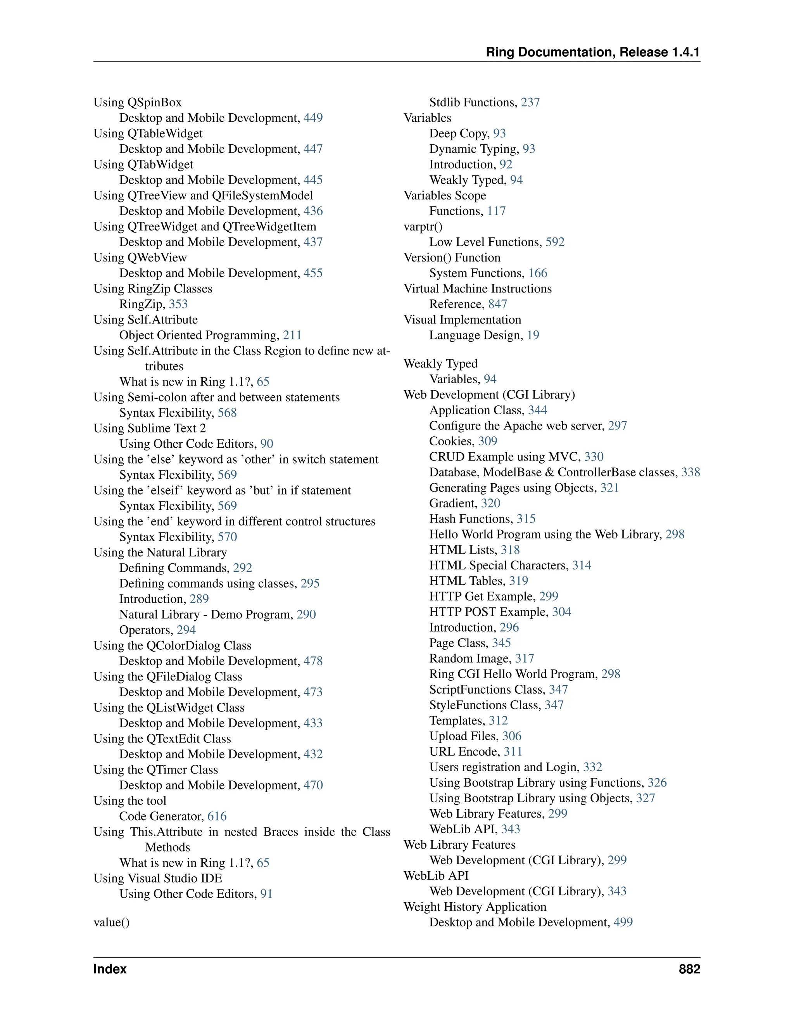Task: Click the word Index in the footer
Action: (x=110, y=969)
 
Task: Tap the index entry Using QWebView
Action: (x=140, y=258)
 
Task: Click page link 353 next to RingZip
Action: (x=178, y=304)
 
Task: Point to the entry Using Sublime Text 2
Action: (x=150, y=428)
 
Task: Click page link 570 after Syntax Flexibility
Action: (x=227, y=536)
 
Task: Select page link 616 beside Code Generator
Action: (x=217, y=816)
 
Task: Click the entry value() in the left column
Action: (x=112, y=922)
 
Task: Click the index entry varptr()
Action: (x=423, y=227)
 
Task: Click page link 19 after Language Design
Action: (x=533, y=335)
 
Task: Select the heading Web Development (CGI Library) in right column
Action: (x=489, y=395)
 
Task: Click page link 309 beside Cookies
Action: (x=488, y=441)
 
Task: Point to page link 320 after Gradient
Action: (x=490, y=503)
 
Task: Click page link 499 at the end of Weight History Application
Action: (x=623, y=922)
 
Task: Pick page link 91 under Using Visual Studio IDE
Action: (x=266, y=894)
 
